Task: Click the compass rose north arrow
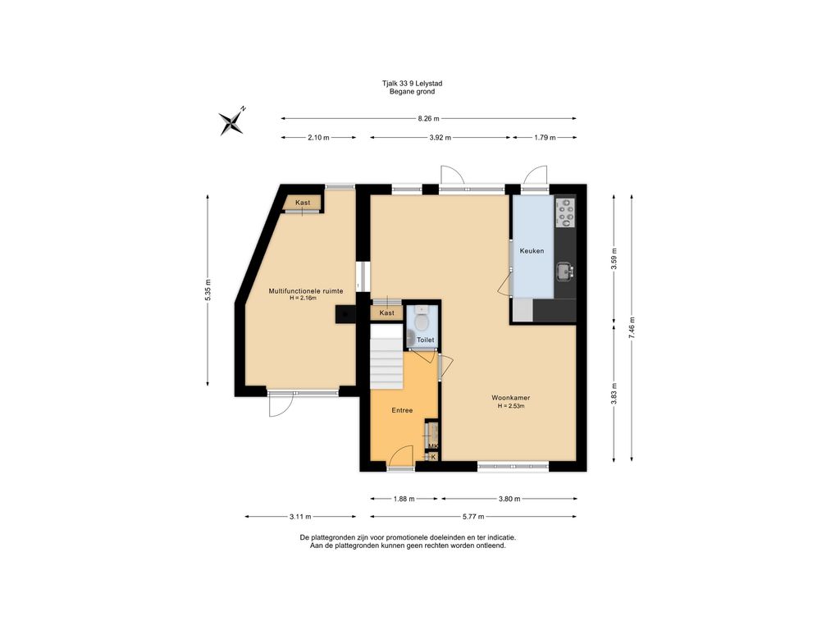point(232,122)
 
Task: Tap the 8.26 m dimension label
point(428,118)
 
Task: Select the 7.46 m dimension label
point(632,327)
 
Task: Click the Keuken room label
point(532,251)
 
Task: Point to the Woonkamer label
point(511,398)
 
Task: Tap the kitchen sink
point(564,271)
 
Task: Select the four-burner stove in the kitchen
point(565,212)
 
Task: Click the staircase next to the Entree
point(387,356)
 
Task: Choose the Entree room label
point(402,410)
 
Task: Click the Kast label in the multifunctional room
point(303,203)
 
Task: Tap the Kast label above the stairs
point(387,313)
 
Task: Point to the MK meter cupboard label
point(433,446)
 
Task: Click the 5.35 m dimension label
point(208,290)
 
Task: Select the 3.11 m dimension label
point(300,517)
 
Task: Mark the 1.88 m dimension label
point(404,499)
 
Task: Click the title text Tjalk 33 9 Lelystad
point(412,84)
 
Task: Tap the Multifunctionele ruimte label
point(306,291)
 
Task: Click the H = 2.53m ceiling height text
point(511,406)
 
